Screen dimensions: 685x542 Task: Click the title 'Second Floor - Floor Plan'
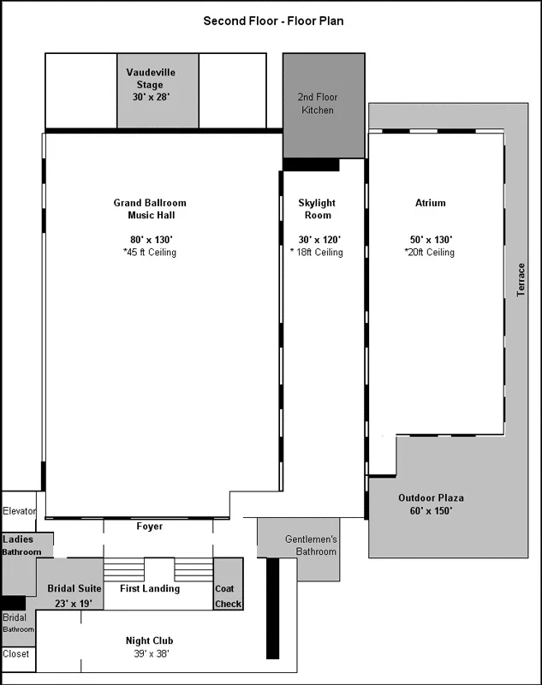[274, 20]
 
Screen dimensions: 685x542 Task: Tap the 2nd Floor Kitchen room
[316, 104]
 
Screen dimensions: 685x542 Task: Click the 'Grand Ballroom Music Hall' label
[150, 209]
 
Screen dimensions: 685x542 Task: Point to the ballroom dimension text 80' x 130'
[150, 240]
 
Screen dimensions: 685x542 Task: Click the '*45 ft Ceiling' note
[150, 253]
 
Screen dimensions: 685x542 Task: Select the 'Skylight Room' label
[317, 209]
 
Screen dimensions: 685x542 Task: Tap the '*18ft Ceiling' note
[317, 253]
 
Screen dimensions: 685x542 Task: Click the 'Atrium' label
[431, 203]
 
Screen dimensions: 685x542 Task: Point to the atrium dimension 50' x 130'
[430, 240]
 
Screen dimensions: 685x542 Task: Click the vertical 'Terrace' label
[521, 279]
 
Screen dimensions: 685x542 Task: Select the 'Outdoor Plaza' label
[431, 498]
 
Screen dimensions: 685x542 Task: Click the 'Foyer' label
[150, 527]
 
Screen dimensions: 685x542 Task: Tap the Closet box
[16, 654]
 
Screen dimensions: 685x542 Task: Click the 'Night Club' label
[151, 640]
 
